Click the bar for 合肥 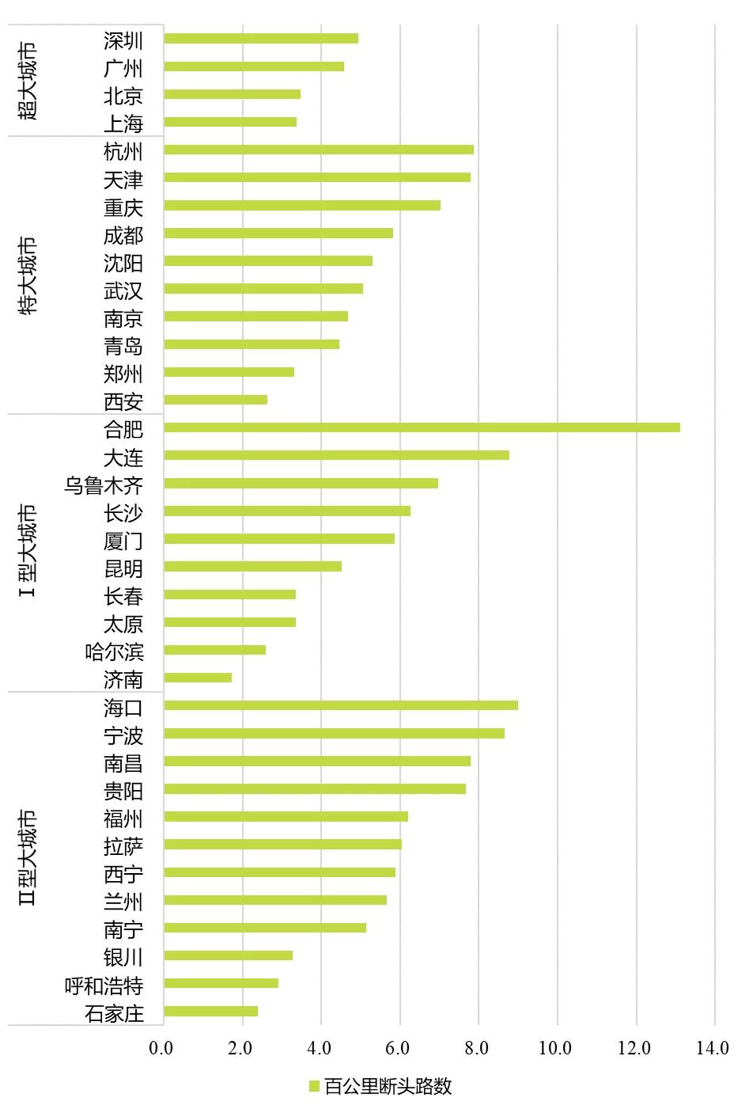(x=422, y=427)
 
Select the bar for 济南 (x=198, y=678)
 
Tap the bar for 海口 (x=341, y=705)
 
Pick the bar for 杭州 (x=319, y=150)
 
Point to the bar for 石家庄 (x=211, y=1011)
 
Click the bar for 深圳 (x=261, y=39)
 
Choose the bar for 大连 (x=336, y=455)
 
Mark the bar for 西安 (x=216, y=400)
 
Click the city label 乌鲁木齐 (x=104, y=485)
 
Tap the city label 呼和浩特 (x=104, y=986)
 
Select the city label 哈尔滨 (x=114, y=651)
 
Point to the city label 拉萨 (x=123, y=846)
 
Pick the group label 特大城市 (x=29, y=275)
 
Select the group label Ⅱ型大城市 (x=29, y=857)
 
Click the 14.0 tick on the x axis (x=713, y=1048)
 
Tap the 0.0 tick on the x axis (x=161, y=1048)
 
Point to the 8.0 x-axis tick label (x=477, y=1048)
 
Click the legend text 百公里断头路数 (x=388, y=1086)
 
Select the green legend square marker (x=314, y=1086)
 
